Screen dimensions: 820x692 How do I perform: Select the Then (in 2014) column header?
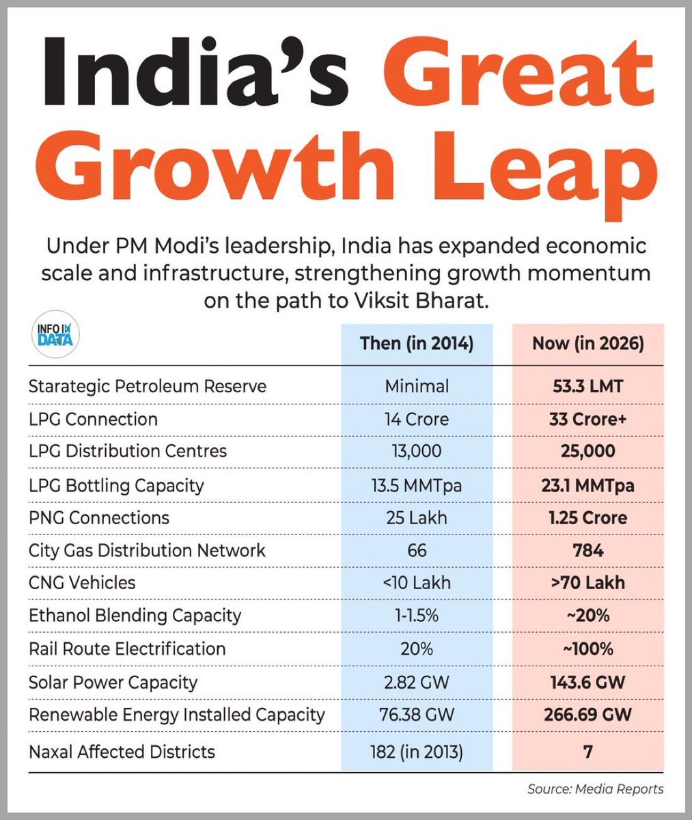tap(416, 343)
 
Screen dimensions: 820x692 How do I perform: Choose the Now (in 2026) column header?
tap(587, 343)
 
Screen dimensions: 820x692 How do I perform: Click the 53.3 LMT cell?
tap(587, 386)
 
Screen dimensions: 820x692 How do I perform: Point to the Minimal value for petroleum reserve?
tap(416, 386)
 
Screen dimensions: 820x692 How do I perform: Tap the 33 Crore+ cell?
tap(587, 419)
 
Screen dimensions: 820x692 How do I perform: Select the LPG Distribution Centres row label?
tap(128, 451)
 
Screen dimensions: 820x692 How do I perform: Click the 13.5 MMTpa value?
tap(416, 485)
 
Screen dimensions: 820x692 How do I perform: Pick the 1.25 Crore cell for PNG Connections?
tap(587, 517)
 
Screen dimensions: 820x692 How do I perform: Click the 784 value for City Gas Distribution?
tap(587, 550)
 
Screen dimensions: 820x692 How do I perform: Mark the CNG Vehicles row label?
tap(82, 583)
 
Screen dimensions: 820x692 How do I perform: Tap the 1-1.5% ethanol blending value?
tap(416, 616)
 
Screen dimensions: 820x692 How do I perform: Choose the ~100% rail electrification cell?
tap(587, 648)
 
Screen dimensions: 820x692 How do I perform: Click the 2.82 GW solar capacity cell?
tap(416, 682)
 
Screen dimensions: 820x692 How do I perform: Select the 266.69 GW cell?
tap(587, 715)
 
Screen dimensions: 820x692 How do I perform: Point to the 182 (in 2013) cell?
tap(416, 752)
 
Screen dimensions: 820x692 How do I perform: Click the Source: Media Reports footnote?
tap(595, 789)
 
